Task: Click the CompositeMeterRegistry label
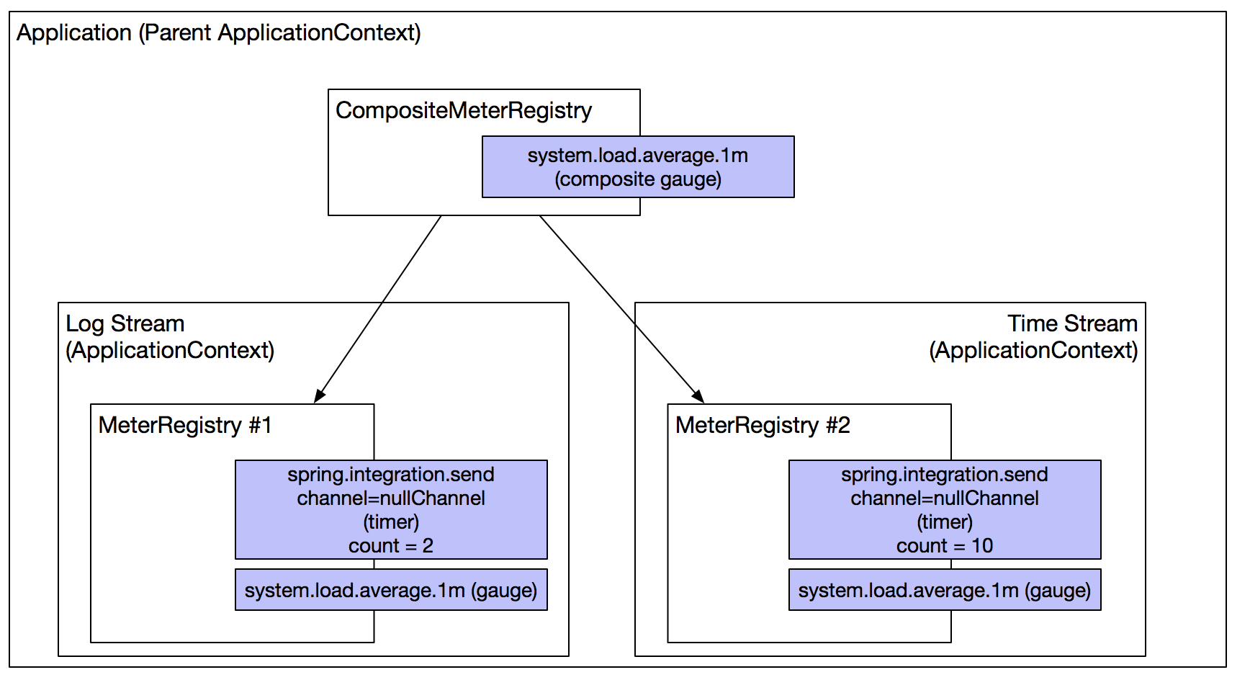coord(463,111)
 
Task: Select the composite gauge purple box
coord(637,166)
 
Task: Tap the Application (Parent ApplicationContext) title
coord(219,33)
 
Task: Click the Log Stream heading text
coord(125,323)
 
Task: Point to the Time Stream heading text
coord(1071,323)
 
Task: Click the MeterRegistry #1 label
coord(185,425)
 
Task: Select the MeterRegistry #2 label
coord(763,425)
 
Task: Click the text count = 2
coord(391,546)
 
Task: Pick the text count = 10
coord(944,546)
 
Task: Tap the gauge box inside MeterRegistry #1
coord(391,590)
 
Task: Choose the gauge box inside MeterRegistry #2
coord(944,590)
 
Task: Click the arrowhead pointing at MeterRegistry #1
coord(319,396)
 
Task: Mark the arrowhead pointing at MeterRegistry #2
coord(698,397)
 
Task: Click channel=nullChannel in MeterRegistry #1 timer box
coord(391,498)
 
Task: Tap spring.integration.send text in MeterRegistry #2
coord(944,475)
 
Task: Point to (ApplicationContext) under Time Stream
coord(1033,351)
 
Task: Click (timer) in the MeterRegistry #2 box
coord(944,522)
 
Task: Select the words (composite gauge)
coord(637,179)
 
